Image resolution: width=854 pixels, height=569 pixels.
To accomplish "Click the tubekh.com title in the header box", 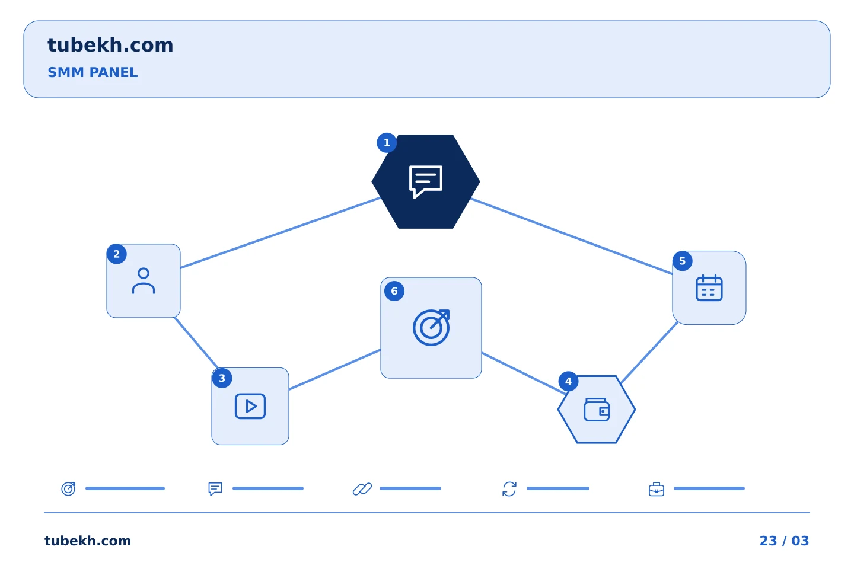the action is click(x=110, y=45).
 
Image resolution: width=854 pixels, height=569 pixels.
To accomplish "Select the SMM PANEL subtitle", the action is click(x=93, y=72).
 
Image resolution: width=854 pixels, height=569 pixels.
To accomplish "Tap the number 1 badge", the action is click(x=387, y=143).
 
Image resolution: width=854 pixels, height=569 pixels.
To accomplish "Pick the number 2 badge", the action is click(x=117, y=254).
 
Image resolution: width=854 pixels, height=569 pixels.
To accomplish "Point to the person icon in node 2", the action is click(x=144, y=281).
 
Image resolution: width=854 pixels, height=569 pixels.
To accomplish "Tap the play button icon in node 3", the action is click(x=250, y=406).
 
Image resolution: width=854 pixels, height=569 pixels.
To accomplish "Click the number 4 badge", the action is click(x=568, y=382).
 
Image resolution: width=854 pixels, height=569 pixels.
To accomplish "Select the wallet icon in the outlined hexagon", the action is click(x=597, y=410).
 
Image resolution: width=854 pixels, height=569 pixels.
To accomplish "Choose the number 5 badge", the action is click(x=683, y=261).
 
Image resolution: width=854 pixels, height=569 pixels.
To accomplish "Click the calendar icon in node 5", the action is click(x=709, y=287).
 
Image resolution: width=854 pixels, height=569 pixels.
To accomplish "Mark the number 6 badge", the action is click(x=394, y=291).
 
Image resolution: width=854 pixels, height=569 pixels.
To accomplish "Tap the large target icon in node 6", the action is click(x=431, y=328).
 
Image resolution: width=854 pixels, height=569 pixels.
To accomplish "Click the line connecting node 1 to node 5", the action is click(x=572, y=236).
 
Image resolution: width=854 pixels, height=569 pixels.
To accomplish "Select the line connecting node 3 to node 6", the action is click(x=334, y=370).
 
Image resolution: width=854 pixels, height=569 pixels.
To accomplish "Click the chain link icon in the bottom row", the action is click(x=362, y=489).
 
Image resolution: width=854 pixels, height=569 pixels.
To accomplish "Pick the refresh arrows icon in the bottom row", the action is click(x=509, y=489).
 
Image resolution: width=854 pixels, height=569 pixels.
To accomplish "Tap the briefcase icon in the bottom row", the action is click(x=656, y=490).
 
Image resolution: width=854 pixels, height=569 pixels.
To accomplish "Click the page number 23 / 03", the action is click(x=784, y=541).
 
